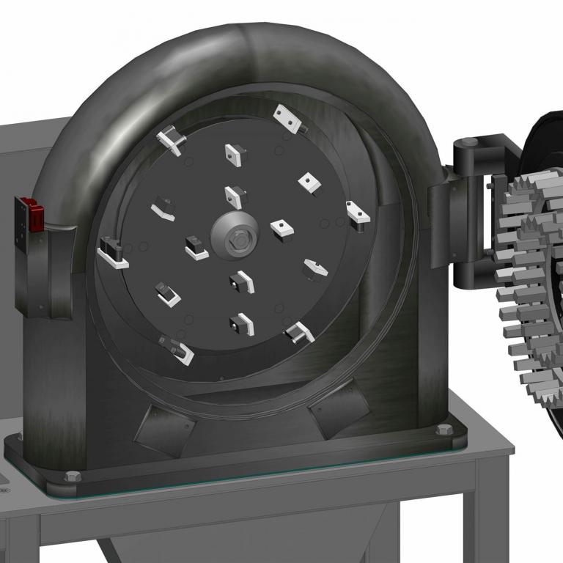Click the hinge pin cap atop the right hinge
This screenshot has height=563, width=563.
point(470,141)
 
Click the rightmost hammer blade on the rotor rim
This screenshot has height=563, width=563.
point(357,214)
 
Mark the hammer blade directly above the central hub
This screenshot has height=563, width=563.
point(235,195)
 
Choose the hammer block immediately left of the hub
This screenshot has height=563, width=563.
point(196,247)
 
